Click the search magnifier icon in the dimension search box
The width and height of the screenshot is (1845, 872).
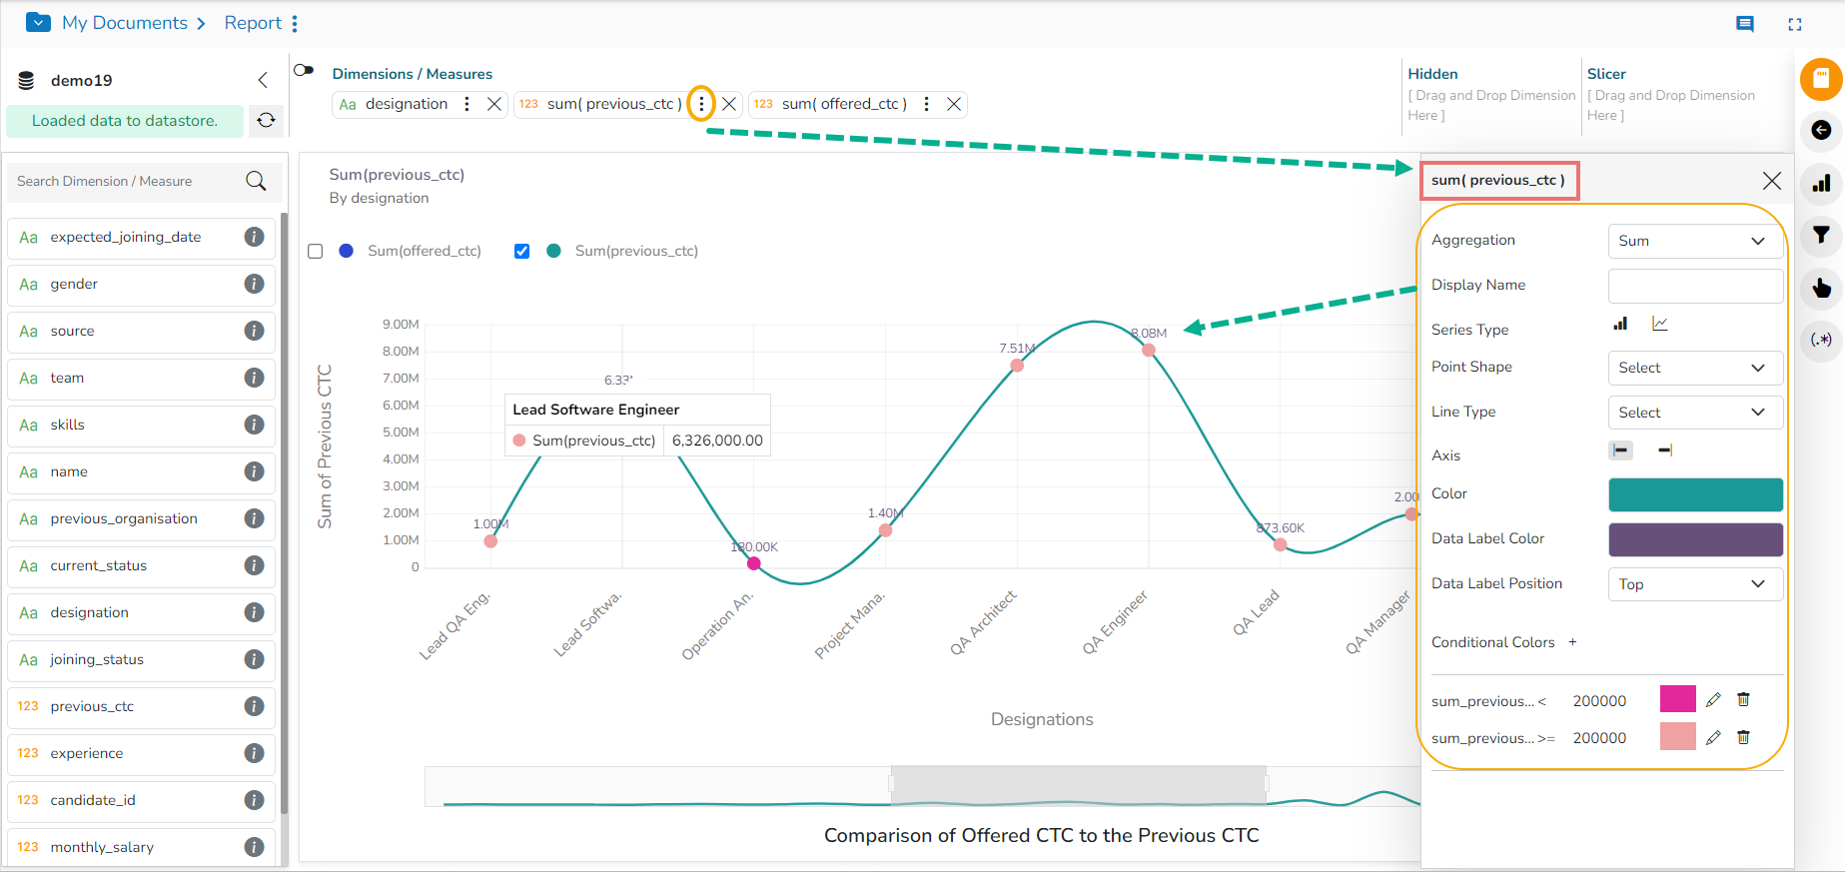[x=256, y=181]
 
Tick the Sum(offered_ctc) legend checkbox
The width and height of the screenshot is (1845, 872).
[x=316, y=251]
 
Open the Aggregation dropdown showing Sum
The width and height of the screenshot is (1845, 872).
[x=1694, y=241]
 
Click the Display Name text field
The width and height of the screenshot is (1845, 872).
[x=1694, y=286]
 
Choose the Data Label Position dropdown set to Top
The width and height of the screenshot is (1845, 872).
[x=1694, y=584]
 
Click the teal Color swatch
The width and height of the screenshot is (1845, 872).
[x=1694, y=494]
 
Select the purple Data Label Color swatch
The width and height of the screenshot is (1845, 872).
[x=1694, y=539]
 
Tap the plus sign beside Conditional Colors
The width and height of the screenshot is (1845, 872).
[x=1572, y=642]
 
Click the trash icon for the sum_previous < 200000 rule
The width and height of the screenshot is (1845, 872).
[x=1743, y=700]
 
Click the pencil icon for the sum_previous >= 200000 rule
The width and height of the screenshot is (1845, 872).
[x=1713, y=738]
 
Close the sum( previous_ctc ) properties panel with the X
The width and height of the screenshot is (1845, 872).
[x=1771, y=181]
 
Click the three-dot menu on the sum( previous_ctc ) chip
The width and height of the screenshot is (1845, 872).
[x=701, y=104]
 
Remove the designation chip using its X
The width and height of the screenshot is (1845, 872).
[x=493, y=104]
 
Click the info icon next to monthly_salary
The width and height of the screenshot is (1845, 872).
[x=255, y=847]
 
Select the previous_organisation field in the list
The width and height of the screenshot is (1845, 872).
[x=124, y=518]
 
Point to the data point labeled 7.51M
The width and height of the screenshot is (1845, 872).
[x=1017, y=365]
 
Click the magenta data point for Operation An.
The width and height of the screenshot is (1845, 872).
[x=754, y=563]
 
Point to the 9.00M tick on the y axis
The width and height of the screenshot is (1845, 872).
[x=401, y=325]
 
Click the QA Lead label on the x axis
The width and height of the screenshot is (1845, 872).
[x=1255, y=613]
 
